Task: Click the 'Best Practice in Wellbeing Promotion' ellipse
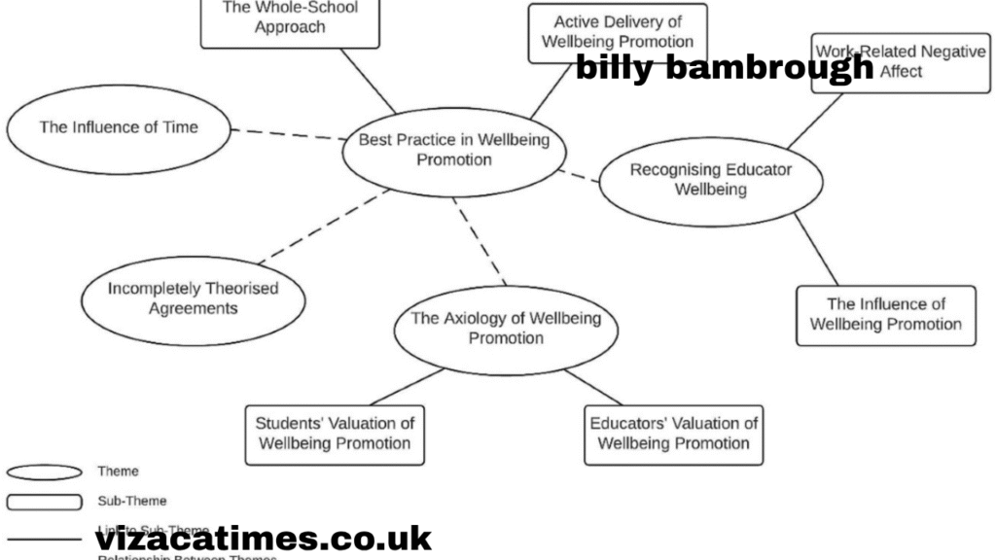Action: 453,150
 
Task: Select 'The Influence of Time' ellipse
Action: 119,127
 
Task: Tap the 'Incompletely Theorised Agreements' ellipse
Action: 193,298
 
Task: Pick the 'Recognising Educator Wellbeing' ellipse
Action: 710,180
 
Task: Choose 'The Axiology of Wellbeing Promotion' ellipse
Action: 506,328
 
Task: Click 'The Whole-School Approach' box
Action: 291,19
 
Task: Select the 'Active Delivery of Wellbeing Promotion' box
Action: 617,32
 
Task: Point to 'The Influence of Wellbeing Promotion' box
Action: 885,314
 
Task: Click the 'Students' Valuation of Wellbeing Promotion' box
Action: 335,434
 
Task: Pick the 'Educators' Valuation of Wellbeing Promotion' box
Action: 673,434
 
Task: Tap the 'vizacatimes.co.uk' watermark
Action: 263,538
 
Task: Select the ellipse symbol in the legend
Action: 44,472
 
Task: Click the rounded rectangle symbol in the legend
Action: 44,502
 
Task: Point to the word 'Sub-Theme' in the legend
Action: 131,501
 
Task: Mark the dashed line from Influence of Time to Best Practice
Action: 287,133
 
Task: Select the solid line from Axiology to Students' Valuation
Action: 406,386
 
